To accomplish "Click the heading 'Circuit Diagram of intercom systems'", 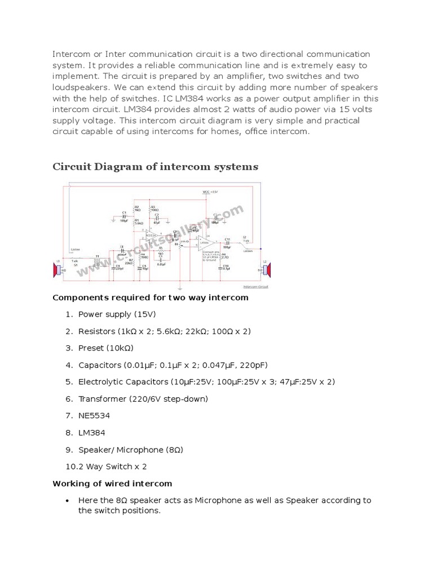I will tap(155, 167).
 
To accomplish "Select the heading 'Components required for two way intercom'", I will tap(150, 298).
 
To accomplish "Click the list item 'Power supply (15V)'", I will tap(117, 314).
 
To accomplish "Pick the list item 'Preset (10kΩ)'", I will tap(105, 348).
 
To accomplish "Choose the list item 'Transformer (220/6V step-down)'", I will tap(143, 399).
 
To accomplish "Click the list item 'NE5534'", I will tap(94, 416).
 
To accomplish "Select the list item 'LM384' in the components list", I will tap(92, 433).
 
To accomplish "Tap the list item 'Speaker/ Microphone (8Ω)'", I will tap(131, 450).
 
